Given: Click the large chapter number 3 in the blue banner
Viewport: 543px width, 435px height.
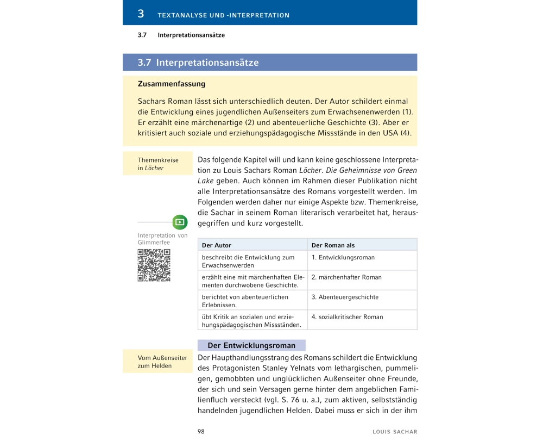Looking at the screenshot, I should [141, 14].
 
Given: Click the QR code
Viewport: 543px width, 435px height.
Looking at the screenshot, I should [154, 265].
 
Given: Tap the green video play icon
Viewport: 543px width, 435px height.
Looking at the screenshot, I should [180, 222].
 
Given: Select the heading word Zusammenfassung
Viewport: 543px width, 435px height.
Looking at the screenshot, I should [172, 84].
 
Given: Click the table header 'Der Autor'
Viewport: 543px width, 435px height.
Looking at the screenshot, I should [216, 245].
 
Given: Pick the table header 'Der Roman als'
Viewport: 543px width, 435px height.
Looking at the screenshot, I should [333, 245].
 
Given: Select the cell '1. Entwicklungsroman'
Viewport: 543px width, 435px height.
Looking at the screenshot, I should [343, 257].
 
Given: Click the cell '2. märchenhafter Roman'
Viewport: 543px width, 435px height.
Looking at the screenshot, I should [346, 277].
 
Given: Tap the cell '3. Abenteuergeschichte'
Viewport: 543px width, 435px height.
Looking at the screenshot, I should [345, 297].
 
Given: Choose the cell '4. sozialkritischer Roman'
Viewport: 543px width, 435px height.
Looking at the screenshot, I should [347, 317].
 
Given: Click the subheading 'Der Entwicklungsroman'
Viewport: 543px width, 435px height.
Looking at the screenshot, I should [251, 345].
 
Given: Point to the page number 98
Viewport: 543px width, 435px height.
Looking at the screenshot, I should [201, 431].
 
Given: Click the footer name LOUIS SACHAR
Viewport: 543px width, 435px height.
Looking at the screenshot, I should [395, 432].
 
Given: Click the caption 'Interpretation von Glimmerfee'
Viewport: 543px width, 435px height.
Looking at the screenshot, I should [162, 239].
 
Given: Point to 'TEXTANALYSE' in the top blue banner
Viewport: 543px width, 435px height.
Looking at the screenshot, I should [183, 15].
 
